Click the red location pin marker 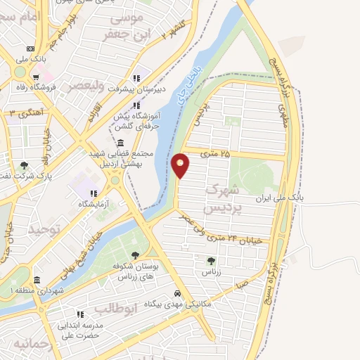click(x=181, y=165)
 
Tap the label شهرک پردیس click(x=223, y=199)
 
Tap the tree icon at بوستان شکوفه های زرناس click(x=135, y=256)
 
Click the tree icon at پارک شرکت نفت click(x=25, y=165)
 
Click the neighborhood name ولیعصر click(x=86, y=86)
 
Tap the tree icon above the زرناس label click(x=211, y=259)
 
